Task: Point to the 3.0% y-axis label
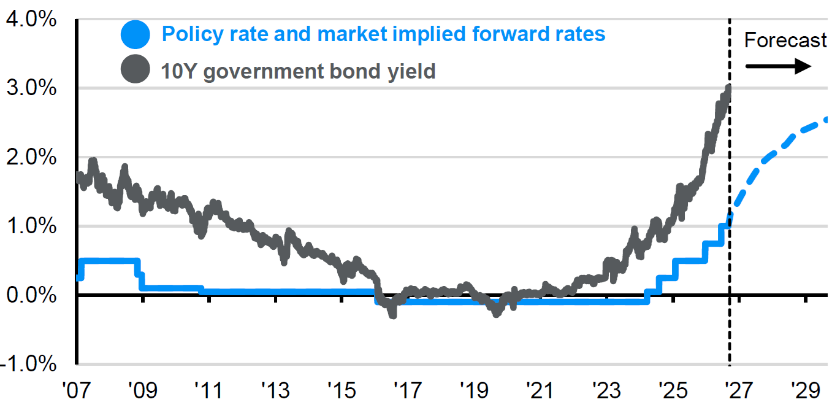(31, 88)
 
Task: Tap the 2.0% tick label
(31, 157)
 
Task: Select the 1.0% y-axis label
(31, 226)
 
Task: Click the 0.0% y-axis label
(31, 295)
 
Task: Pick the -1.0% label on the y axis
(28, 364)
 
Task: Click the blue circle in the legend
(135, 34)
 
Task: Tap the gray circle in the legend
(135, 69)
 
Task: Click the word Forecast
(785, 40)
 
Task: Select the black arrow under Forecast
(779, 66)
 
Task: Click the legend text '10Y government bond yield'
(298, 71)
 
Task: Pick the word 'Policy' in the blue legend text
(193, 34)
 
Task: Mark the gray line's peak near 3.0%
(729, 87)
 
